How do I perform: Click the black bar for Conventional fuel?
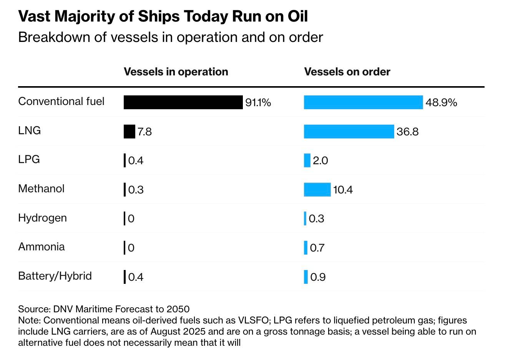tap(183, 102)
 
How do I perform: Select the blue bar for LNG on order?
tap(349, 132)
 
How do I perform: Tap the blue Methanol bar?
tap(317, 190)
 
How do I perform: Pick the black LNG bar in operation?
tap(129, 132)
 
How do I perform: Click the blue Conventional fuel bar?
tap(363, 102)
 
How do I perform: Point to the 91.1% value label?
tap(258, 103)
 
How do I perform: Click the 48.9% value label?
tap(441, 103)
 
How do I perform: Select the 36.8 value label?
tap(407, 132)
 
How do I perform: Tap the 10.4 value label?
tap(343, 190)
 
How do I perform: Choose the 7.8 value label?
tap(144, 132)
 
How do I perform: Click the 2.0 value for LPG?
tap(320, 161)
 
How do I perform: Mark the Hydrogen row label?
tap(42, 218)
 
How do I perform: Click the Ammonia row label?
tap(41, 247)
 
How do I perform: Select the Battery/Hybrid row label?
tap(55, 276)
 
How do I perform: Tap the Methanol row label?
tap(41, 189)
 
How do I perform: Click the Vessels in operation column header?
tap(176, 72)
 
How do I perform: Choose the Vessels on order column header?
tap(347, 72)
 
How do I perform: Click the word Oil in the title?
tap(297, 17)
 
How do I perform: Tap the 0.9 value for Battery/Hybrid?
tap(318, 277)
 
